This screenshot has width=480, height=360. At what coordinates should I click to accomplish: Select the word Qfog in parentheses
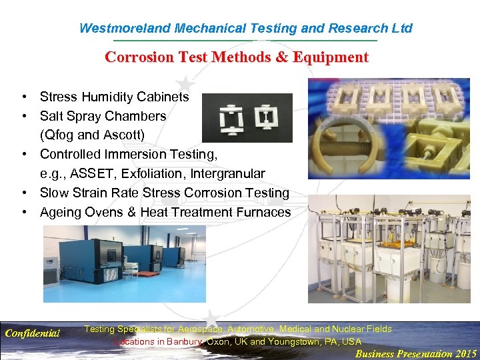(x=60, y=135)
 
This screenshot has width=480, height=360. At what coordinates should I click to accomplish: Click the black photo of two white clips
(x=247, y=118)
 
